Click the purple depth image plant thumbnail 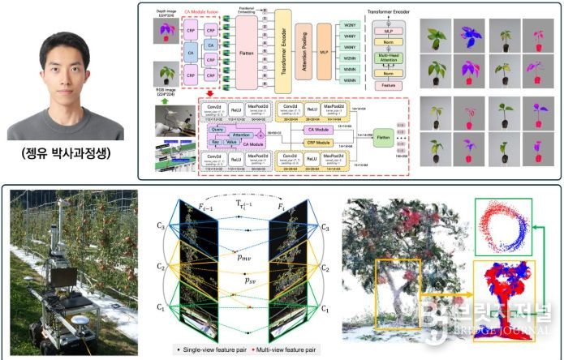click(167, 32)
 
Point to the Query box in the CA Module click(217, 129)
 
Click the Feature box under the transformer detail click(387, 84)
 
